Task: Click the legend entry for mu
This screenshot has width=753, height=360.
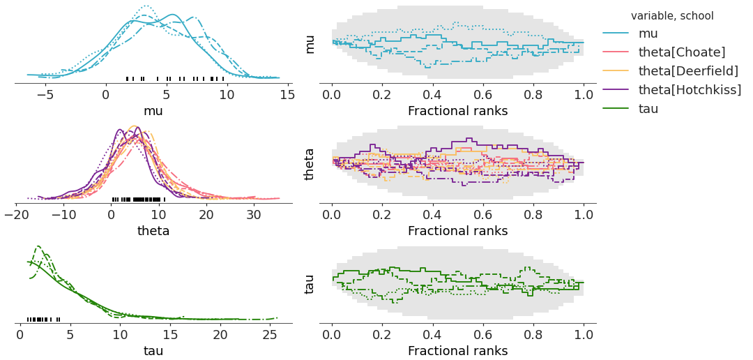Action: (648, 33)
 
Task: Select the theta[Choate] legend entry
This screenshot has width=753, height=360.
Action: (682, 52)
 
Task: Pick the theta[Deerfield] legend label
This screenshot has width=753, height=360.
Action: (687, 70)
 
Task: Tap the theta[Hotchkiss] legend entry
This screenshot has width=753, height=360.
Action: (690, 89)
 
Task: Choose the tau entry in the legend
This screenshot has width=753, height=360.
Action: (648, 108)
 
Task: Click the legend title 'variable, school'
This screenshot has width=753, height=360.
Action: (672, 15)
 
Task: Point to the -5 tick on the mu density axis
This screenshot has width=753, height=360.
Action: (45, 94)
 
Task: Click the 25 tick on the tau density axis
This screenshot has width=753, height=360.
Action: (271, 333)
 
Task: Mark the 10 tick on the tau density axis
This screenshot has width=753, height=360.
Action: (120, 333)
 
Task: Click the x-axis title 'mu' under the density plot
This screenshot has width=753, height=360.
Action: (153, 111)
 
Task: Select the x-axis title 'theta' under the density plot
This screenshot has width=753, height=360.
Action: (153, 231)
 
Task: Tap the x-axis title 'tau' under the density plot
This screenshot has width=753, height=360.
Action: (153, 350)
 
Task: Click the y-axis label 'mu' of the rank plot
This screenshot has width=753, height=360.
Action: (310, 44)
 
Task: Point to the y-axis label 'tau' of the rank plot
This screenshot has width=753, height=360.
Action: (310, 283)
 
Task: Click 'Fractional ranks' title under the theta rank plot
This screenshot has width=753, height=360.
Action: (457, 231)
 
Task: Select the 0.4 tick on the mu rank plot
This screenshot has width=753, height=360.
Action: (433, 94)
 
